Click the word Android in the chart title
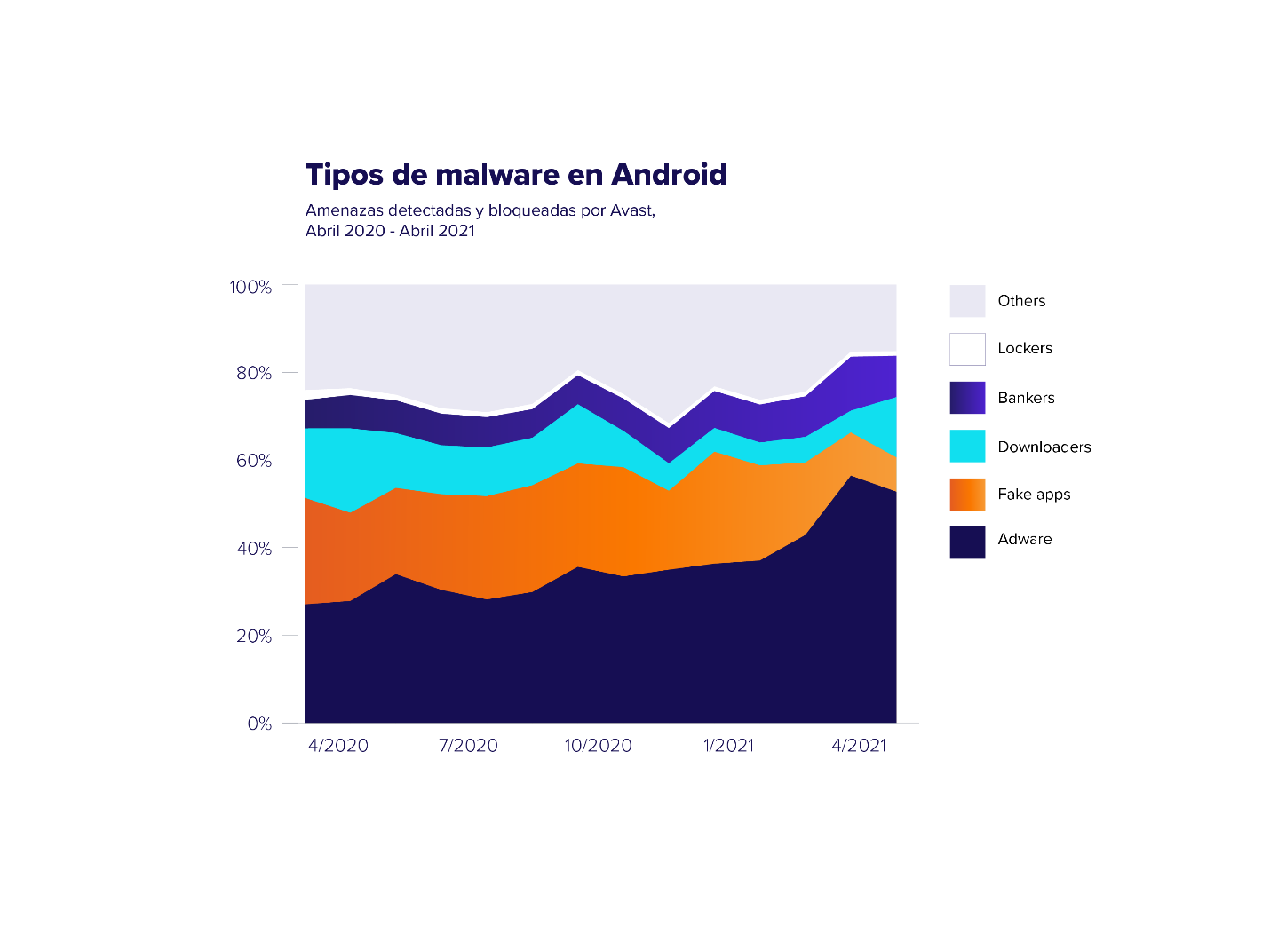668,175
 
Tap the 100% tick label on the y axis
250,287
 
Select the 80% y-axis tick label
254,373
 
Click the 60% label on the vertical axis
254,460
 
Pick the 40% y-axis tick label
254,548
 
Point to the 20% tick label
254,636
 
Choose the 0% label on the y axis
259,724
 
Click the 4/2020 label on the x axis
338,746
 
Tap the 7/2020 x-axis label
468,746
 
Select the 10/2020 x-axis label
598,746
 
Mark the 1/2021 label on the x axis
728,746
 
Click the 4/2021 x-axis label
859,746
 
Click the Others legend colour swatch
967,301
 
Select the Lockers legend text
1025,348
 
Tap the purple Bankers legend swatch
967,398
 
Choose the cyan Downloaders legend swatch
967,446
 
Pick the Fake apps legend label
1034,495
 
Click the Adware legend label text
1025,539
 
